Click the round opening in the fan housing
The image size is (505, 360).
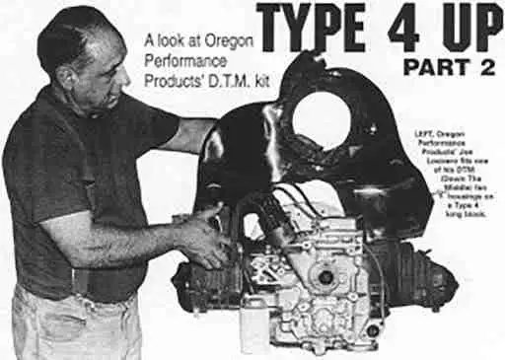[322, 119]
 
